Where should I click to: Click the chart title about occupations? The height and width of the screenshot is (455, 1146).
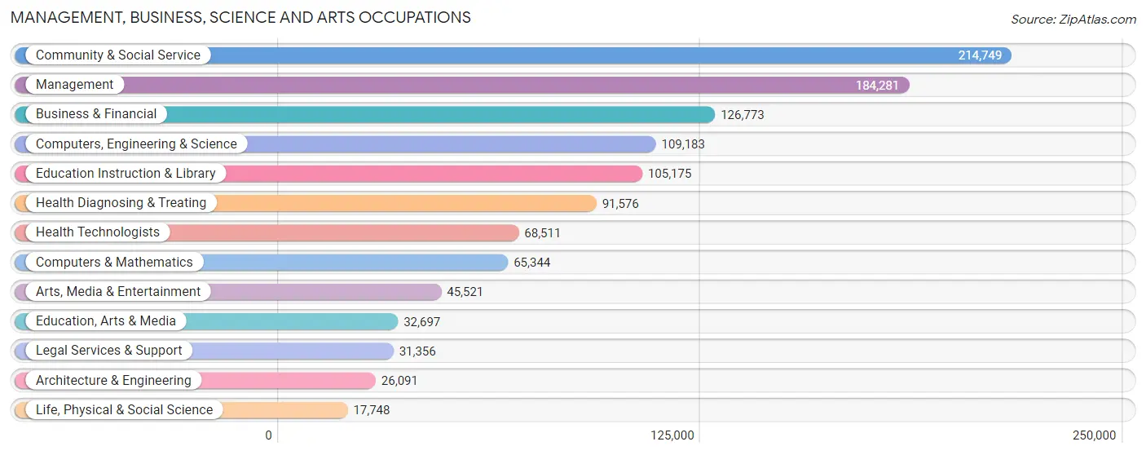(x=240, y=17)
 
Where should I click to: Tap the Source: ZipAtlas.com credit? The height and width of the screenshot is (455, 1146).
(x=1073, y=20)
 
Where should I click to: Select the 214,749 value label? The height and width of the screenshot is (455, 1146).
(x=980, y=55)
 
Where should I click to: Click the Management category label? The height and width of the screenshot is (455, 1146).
(x=75, y=85)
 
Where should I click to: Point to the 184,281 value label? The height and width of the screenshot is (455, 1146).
(x=877, y=86)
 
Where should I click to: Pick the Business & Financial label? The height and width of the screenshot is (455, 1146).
(x=96, y=113)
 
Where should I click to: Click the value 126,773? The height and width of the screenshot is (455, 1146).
(x=743, y=115)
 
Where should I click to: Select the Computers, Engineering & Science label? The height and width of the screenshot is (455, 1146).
(x=136, y=144)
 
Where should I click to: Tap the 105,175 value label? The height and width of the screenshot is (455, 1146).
(x=670, y=174)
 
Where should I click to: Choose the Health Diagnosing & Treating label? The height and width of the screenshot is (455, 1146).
(x=121, y=203)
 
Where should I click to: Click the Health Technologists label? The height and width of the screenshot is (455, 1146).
(x=98, y=232)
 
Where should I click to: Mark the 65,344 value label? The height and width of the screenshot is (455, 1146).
(x=532, y=263)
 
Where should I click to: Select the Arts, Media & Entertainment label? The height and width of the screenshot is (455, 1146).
(x=118, y=291)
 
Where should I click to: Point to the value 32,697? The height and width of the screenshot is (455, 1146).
(x=421, y=322)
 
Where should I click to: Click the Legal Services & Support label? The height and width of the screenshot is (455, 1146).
(x=109, y=351)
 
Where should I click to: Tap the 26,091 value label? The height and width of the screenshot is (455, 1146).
(x=399, y=381)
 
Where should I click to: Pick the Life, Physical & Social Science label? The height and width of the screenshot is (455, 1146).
(x=125, y=410)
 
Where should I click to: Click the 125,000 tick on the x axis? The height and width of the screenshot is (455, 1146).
(x=672, y=435)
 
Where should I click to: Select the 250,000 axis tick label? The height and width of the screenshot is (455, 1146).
(x=1095, y=435)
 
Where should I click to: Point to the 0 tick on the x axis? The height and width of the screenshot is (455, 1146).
(x=269, y=435)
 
